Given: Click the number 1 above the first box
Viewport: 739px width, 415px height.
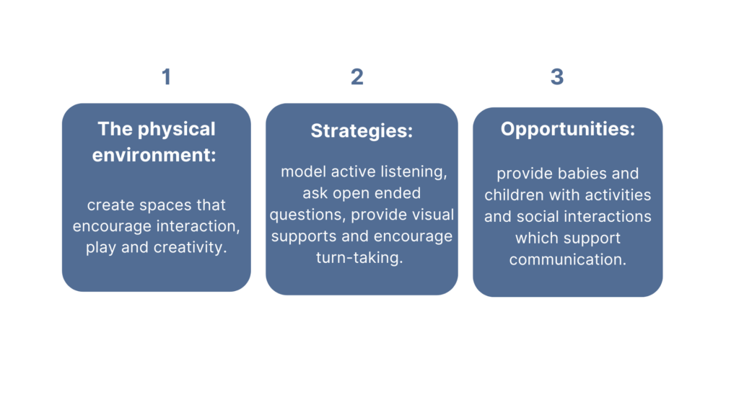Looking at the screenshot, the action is pyautogui.click(x=167, y=76).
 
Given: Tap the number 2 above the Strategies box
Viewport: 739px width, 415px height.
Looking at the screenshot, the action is pyautogui.click(x=357, y=76).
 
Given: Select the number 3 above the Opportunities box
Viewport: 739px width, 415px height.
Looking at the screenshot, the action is pyautogui.click(x=557, y=76).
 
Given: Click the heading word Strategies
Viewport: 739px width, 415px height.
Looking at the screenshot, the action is pyautogui.click(x=359, y=131).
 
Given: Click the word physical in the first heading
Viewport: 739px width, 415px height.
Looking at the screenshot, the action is pyautogui.click(x=176, y=130).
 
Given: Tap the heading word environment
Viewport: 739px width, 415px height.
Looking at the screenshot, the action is pyautogui.click(x=151, y=155).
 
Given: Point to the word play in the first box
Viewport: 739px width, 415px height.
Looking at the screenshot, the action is pyautogui.click(x=101, y=248).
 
